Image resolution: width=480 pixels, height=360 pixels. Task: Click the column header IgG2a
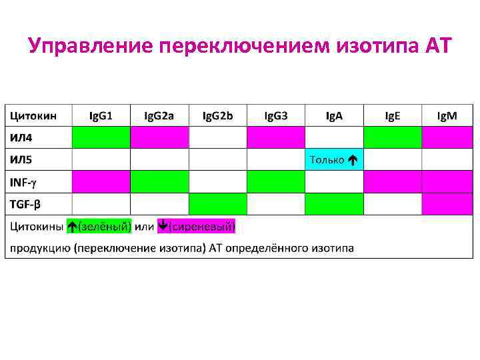coord(159,116)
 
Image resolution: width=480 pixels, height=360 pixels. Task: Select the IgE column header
coord(393,116)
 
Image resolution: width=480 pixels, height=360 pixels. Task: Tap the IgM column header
coord(447,116)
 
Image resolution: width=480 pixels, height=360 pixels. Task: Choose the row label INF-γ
coord(24,181)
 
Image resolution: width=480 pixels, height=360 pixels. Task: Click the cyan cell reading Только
coord(334,160)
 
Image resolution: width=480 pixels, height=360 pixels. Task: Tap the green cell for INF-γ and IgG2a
coord(159,181)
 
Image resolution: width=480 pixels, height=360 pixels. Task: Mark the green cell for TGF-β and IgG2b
coord(217,203)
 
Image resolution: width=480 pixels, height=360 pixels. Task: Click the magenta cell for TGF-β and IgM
coord(447,203)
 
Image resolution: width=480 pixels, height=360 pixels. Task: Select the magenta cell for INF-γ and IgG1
coord(101,181)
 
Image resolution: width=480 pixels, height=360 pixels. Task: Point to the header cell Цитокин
coord(33,116)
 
